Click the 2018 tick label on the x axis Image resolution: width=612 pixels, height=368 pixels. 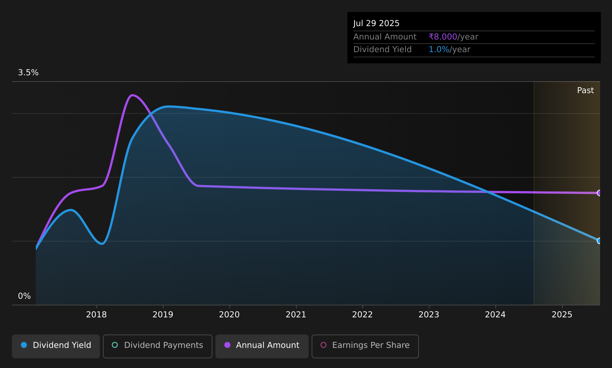[x=97, y=315]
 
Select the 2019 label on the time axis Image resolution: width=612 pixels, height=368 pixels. [x=163, y=315]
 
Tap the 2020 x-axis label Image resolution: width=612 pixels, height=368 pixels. [x=229, y=315]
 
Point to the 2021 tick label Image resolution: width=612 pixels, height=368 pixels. [x=296, y=315]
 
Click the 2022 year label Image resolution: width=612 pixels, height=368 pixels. [x=362, y=315]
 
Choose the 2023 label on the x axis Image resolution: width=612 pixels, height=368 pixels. [x=429, y=315]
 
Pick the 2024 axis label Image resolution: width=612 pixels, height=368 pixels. [x=495, y=315]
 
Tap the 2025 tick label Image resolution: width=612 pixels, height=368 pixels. [x=562, y=315]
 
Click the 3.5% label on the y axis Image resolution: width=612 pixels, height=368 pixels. [x=28, y=73]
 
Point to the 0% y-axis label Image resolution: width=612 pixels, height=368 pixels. [x=24, y=296]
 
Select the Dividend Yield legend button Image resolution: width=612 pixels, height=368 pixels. [x=56, y=346]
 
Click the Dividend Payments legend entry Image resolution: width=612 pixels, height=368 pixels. [x=157, y=346]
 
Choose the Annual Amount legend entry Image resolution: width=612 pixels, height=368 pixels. [x=262, y=346]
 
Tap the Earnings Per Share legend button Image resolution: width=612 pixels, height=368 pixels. [x=365, y=346]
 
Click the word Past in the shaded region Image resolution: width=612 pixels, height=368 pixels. [x=585, y=91]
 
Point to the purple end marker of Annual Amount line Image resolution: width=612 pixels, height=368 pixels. [x=599, y=193]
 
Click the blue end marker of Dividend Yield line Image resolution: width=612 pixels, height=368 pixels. [x=599, y=241]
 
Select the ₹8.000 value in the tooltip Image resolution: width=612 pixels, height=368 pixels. [x=443, y=37]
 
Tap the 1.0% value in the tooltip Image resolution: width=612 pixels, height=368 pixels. [x=439, y=50]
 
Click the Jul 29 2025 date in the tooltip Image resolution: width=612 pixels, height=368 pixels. [x=376, y=23]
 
